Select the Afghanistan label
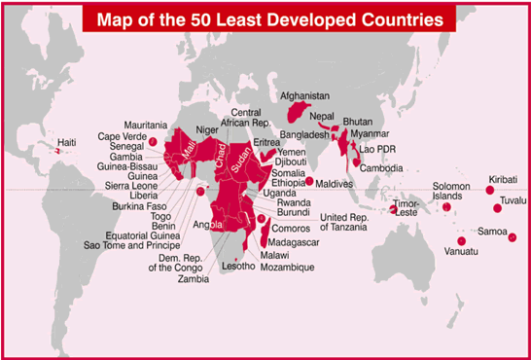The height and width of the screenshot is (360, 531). [304, 96]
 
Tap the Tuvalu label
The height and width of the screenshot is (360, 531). [512, 200]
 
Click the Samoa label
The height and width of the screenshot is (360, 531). [492, 232]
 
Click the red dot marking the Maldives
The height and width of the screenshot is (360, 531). [309, 182]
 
